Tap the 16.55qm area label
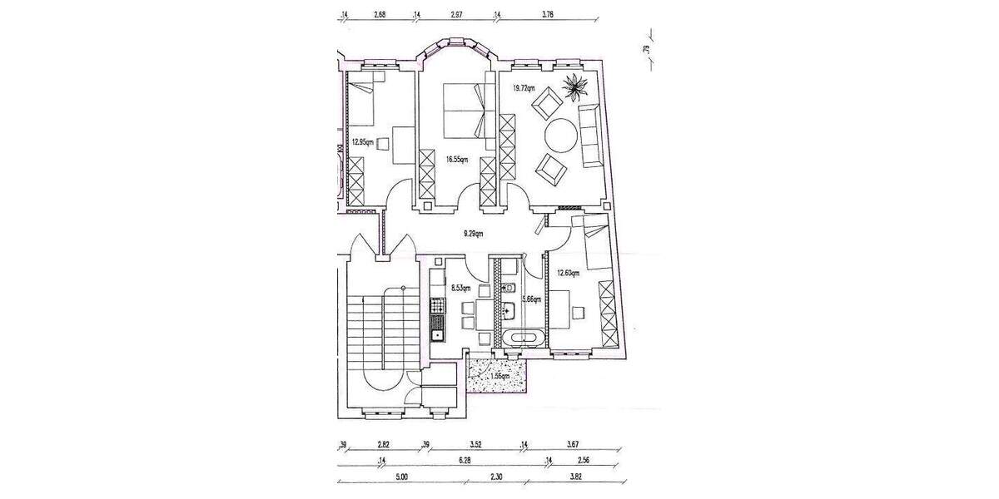[457, 160]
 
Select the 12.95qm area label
[361, 142]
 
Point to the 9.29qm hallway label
[472, 234]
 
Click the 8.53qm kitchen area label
[460, 288]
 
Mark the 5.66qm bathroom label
[531, 299]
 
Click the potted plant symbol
[576, 85]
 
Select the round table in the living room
[562, 136]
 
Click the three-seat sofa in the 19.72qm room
[590, 134]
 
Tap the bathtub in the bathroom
[521, 338]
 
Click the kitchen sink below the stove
[436, 333]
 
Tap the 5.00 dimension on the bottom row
[401, 477]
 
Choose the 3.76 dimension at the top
[548, 14]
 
